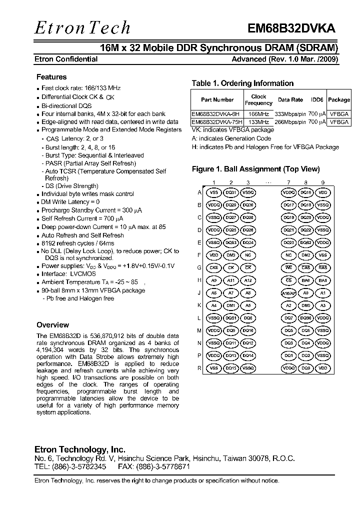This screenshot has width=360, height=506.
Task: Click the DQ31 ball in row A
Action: click(231, 192)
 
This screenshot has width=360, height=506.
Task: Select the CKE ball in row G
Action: click(214, 267)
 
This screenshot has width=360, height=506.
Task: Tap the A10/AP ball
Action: click(289, 293)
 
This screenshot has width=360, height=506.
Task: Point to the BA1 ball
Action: click(323, 280)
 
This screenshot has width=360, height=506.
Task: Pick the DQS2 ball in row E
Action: click(306, 242)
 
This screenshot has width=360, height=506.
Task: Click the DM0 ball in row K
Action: click(306, 305)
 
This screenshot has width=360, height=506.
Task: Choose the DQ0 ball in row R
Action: click(306, 368)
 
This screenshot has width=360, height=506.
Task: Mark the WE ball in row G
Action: click(289, 267)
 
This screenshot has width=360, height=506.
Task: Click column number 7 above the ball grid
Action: click(288, 182)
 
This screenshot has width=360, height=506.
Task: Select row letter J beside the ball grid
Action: click(199, 293)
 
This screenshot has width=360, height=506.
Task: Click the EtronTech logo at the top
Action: click(82, 28)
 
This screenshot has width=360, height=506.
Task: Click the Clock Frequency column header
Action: click(258, 99)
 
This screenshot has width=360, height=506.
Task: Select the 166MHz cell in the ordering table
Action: click(258, 114)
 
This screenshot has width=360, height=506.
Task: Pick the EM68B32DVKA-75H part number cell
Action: click(217, 121)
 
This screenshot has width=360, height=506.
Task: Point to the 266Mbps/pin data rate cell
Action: click(290, 121)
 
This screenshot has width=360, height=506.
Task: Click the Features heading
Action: click(51, 77)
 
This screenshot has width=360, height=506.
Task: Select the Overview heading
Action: click(53, 325)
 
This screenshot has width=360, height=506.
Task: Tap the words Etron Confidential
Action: click(66, 59)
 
